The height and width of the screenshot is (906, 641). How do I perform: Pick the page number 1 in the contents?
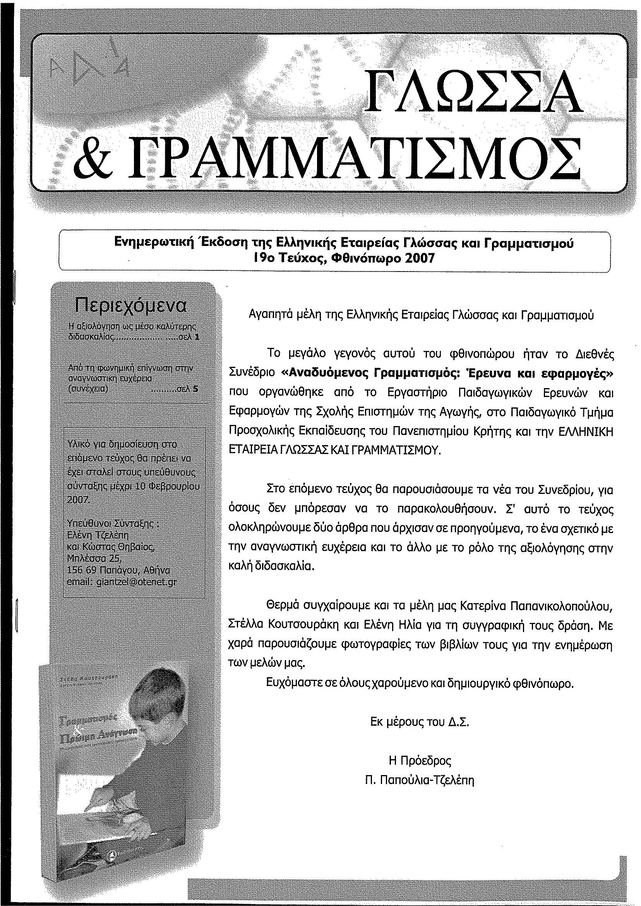(x=197, y=337)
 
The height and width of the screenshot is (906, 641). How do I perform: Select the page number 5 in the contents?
(x=195, y=388)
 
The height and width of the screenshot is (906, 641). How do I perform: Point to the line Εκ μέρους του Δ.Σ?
(x=420, y=722)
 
